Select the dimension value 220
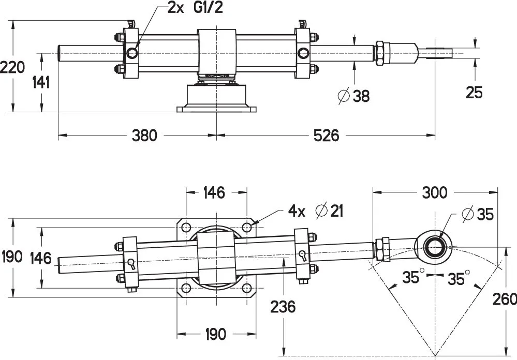tap(12, 67)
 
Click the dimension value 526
tap(326, 136)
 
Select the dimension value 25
tap(474, 93)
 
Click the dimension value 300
tap(434, 193)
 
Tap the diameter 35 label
tap(477, 214)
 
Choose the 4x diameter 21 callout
tap(315, 211)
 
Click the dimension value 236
tap(283, 306)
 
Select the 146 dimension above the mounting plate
tap(213, 193)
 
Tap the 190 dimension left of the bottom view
tap(12, 257)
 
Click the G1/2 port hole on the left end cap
tap(131, 52)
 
